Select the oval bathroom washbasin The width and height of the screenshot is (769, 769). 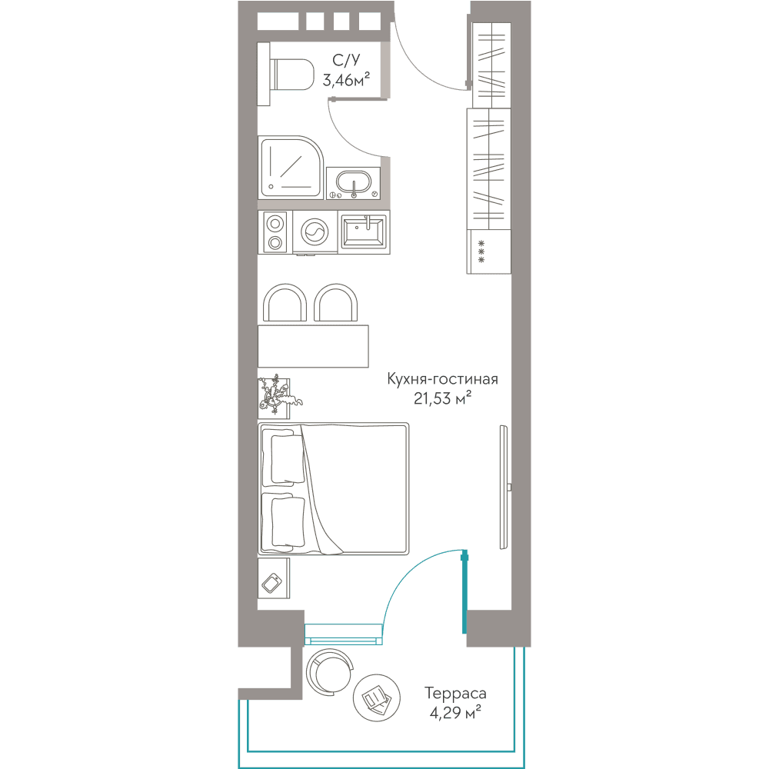pos(353,183)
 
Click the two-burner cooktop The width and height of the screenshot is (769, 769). pos(275,232)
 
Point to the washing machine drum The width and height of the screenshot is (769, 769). pos(315,232)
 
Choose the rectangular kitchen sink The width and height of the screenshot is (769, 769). pos(364,232)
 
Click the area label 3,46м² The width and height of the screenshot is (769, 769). pos(346,79)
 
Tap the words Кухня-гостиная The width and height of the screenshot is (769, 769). pos(442,379)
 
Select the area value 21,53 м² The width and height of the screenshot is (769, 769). pos(442,398)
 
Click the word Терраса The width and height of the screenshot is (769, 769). pos(455,694)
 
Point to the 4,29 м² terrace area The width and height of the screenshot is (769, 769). pos(455,713)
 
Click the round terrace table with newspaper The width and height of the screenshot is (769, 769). pos(377,698)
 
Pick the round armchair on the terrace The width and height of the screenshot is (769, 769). pos(329,672)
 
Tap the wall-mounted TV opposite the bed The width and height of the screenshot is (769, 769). pos(505,487)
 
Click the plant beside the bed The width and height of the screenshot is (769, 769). pos(277,397)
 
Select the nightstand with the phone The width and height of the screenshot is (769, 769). pos(274,578)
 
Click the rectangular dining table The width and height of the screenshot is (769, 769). pos(314,346)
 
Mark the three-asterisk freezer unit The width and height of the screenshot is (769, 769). pos(489,251)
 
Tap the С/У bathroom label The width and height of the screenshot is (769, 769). pos(346,60)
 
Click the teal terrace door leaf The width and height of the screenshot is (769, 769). pos(464,592)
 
